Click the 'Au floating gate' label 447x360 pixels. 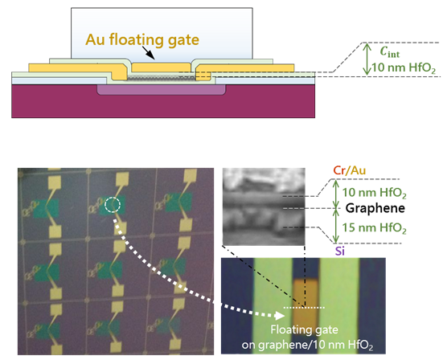(x=142, y=40)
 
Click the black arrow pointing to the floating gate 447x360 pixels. (x=148, y=53)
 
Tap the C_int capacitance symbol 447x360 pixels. (x=389, y=52)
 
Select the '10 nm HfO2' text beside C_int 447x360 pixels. (x=404, y=67)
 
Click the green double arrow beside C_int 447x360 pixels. (x=367, y=59)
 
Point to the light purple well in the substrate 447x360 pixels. (x=162, y=89)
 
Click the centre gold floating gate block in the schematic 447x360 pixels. (x=162, y=67)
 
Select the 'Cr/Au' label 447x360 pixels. (x=349, y=170)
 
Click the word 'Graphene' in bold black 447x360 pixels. (x=375, y=208)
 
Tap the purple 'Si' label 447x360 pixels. (x=340, y=252)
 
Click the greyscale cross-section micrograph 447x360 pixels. (x=264, y=207)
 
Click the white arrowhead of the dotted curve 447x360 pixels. (x=280, y=315)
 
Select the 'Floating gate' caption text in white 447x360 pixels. (x=304, y=329)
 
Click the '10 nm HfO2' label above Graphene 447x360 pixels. (x=374, y=193)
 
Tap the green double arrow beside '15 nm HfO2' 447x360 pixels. (x=336, y=226)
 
